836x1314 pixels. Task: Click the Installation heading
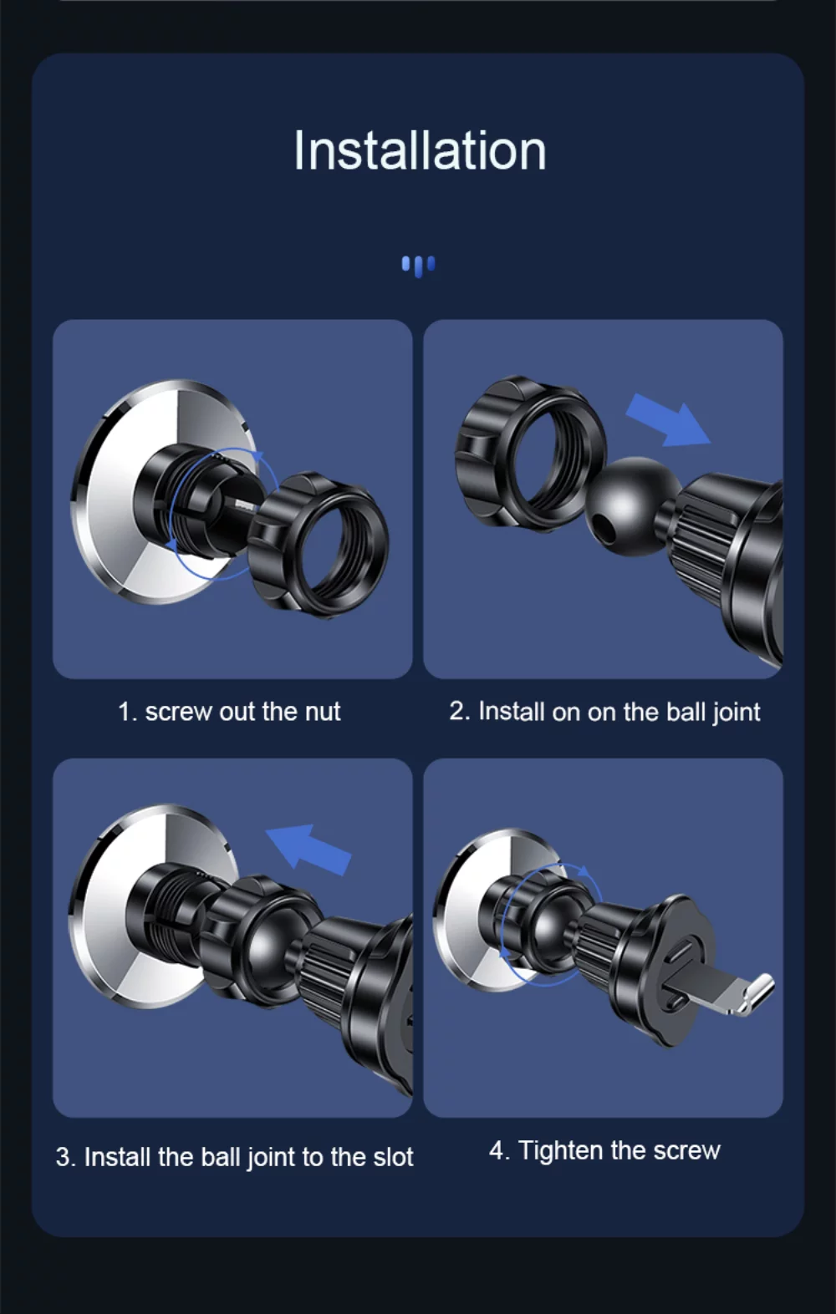(x=419, y=150)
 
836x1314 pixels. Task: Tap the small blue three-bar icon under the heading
(x=418, y=266)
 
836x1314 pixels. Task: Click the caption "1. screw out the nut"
(x=229, y=712)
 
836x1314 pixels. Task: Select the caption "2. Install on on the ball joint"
(x=604, y=713)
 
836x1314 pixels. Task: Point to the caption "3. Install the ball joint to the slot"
(x=234, y=1158)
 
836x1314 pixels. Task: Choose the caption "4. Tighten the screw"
(x=604, y=1150)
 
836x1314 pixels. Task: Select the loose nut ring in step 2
(x=529, y=453)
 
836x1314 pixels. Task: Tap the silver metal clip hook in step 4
(x=756, y=993)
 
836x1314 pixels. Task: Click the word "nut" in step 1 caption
(x=323, y=713)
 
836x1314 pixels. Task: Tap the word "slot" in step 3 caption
(x=393, y=1158)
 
